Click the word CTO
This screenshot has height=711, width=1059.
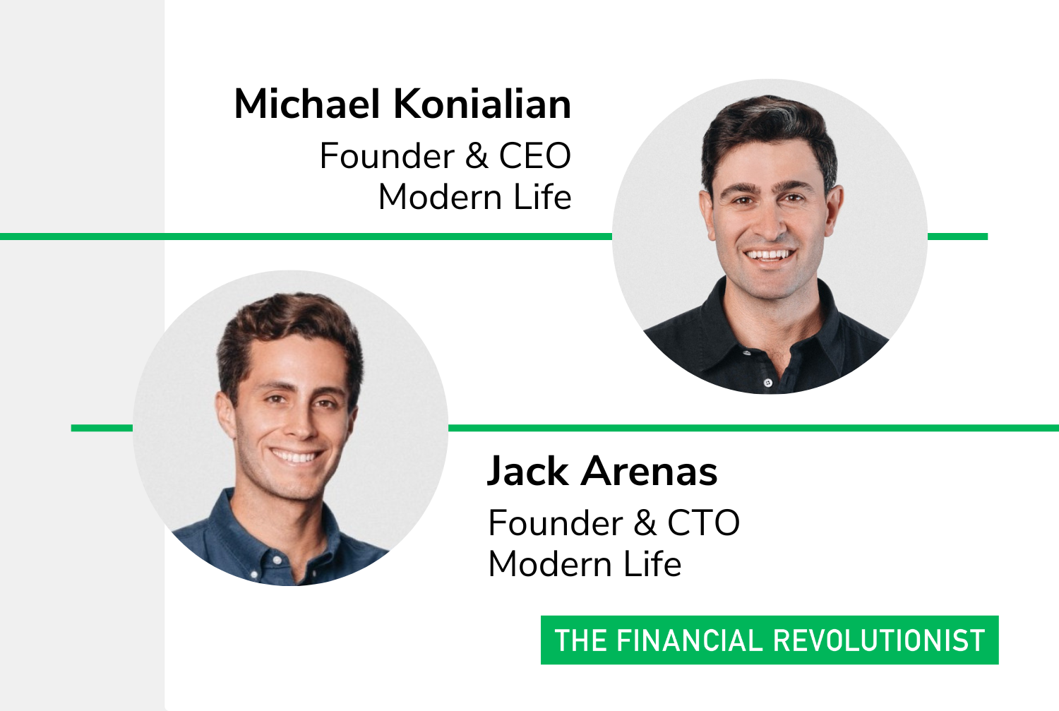pyautogui.click(x=703, y=523)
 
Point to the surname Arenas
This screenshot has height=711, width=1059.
pyautogui.click(x=650, y=471)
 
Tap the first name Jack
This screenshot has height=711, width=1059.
pyautogui.click(x=527, y=472)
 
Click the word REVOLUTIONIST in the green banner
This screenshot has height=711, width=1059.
pyautogui.click(x=880, y=640)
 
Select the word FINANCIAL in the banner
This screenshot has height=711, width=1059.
pyautogui.click(x=690, y=640)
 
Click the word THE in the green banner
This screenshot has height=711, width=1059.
pyautogui.click(x=581, y=640)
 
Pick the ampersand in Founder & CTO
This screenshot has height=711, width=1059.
pyautogui.click(x=645, y=523)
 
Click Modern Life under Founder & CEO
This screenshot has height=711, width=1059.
pyautogui.click(x=475, y=197)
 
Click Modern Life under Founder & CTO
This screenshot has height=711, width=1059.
pyautogui.click(x=585, y=564)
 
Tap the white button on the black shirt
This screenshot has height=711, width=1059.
pyautogui.click(x=768, y=383)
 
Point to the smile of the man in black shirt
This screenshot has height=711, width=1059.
pyautogui.click(x=770, y=256)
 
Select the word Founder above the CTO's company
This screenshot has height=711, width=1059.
pyautogui.click(x=556, y=523)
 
